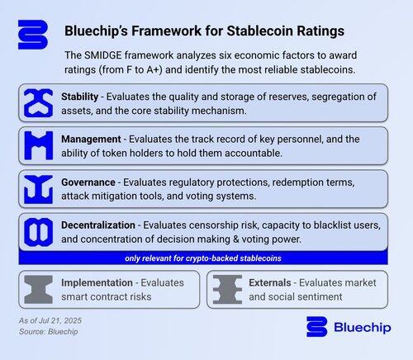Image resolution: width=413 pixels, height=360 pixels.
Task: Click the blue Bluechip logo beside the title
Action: pos(33,35)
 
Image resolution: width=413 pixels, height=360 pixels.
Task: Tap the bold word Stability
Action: pos(80,97)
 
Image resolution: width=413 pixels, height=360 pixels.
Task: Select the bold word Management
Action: pos(91,140)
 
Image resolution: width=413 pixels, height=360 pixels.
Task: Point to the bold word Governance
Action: pos(88,182)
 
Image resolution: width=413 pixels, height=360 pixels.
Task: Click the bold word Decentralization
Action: pos(98,225)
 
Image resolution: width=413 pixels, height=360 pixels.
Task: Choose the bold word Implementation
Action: pos(97,282)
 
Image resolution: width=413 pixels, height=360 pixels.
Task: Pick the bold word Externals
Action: pos(270,282)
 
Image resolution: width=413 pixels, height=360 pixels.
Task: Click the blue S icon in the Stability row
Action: pos(38,103)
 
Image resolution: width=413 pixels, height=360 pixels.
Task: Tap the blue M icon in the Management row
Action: pos(38,145)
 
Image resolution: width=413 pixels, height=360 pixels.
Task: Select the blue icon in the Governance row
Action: pos(38,189)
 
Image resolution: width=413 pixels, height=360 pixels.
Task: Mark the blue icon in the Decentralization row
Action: pos(38,232)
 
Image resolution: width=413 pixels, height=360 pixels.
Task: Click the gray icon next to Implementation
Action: pos(38,290)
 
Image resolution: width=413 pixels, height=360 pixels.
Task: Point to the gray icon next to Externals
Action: pos(227,290)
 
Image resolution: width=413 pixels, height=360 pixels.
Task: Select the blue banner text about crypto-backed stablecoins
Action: pos(203,258)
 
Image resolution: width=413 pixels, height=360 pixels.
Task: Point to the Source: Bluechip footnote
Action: pos(49,332)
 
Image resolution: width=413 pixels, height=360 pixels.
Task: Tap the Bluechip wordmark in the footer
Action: pos(363,327)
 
